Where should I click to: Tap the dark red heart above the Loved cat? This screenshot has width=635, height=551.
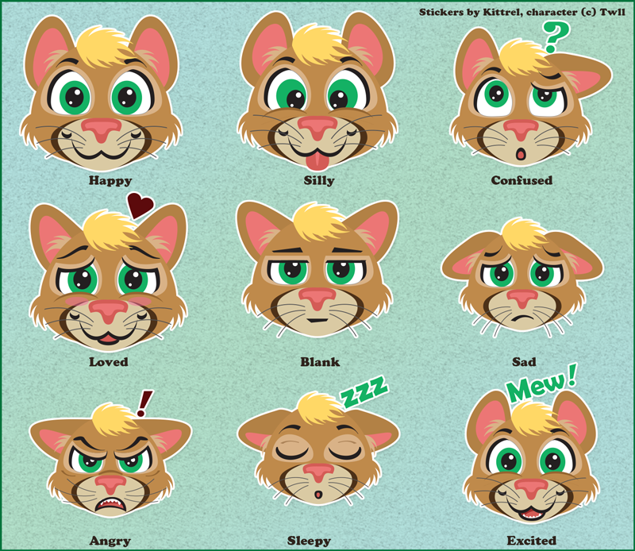tap(140, 206)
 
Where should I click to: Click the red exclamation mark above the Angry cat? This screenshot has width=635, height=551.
tap(144, 403)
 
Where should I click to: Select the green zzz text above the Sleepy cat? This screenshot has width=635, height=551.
tap(364, 391)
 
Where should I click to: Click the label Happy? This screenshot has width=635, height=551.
tap(110, 180)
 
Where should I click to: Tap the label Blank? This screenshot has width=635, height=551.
tap(320, 362)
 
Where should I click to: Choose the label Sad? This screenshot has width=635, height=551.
tap(524, 361)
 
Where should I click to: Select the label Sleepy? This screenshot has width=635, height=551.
tap(309, 541)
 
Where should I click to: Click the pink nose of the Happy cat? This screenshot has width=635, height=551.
tap(102, 129)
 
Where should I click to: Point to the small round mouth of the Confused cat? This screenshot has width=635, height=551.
tap(521, 154)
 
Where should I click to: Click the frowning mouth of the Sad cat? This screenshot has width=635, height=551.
tap(522, 318)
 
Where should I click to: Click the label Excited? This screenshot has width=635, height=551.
tap(531, 541)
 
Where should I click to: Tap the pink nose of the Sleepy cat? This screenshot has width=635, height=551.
tap(319, 472)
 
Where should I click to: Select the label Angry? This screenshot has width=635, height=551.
tap(110, 541)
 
